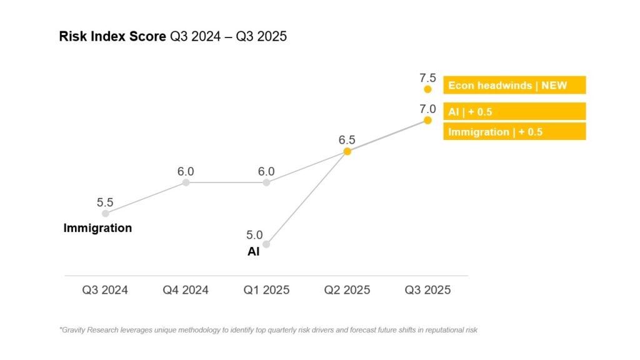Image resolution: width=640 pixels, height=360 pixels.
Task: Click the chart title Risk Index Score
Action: (x=112, y=36)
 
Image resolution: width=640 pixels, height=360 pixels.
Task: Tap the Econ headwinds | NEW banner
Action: (x=514, y=85)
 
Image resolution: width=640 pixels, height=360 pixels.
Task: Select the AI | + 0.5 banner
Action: (x=514, y=111)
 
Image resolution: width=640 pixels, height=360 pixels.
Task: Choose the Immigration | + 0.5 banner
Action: (x=514, y=131)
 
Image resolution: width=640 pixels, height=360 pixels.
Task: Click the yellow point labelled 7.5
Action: (x=427, y=89)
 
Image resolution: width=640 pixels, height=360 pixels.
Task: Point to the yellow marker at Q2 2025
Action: (x=347, y=151)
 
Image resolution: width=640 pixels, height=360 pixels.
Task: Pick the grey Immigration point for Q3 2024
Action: (x=106, y=213)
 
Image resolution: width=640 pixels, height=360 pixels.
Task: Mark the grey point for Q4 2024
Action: (x=186, y=182)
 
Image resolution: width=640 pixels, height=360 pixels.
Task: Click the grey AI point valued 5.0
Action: (x=266, y=244)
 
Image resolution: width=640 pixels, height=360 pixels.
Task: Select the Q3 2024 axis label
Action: (x=105, y=290)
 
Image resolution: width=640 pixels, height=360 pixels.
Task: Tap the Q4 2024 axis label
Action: (x=186, y=290)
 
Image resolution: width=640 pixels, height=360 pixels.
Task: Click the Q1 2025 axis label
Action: (x=266, y=290)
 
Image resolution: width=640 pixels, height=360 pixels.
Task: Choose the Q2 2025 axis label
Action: (x=347, y=290)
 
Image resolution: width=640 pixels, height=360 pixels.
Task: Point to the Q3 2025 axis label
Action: (x=427, y=290)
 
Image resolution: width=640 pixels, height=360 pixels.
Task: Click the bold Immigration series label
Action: (x=97, y=228)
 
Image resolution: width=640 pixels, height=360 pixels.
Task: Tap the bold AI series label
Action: (x=254, y=252)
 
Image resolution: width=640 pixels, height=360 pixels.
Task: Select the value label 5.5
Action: (x=105, y=202)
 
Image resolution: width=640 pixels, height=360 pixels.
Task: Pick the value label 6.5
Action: (x=347, y=140)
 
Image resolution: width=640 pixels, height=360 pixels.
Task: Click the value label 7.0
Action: (x=427, y=109)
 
